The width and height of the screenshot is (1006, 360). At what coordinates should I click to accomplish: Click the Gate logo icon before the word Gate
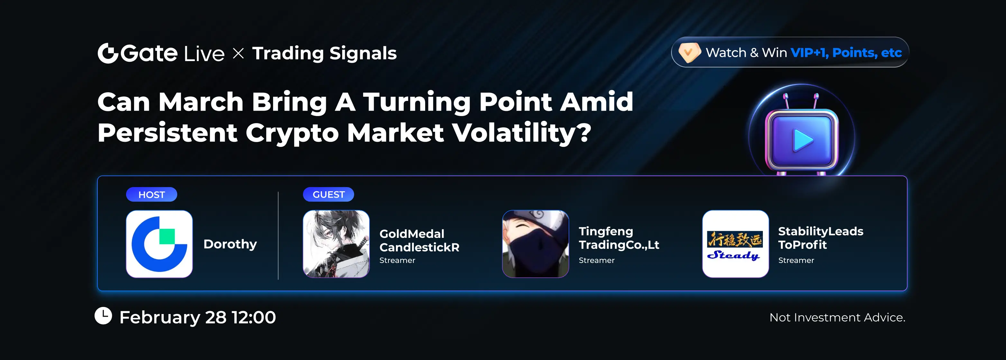coord(108,53)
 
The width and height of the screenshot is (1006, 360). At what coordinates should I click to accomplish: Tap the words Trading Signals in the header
coord(325,53)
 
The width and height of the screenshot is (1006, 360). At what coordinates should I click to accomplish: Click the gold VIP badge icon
coord(689,52)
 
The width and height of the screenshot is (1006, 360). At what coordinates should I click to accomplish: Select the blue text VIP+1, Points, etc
coord(846,52)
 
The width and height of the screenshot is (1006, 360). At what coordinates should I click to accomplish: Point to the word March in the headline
coord(201,102)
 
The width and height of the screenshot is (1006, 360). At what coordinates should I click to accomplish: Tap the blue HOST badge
coord(151,194)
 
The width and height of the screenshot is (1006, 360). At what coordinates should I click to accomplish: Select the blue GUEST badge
coord(328,194)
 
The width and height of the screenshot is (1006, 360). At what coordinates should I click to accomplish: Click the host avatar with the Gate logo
coord(159,244)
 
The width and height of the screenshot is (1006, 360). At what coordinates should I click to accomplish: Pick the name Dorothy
coord(230,244)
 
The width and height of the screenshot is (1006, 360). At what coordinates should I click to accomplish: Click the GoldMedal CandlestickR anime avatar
coord(336,244)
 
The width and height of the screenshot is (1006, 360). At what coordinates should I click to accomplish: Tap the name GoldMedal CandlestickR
coord(419,240)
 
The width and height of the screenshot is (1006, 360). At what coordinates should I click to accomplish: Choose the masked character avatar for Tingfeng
coord(535,244)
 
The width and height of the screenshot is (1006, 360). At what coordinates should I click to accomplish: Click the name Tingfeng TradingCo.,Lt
coord(619,238)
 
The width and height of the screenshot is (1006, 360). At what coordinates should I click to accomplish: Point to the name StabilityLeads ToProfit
coord(820,238)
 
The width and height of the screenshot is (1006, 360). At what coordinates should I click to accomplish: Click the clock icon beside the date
coord(104,316)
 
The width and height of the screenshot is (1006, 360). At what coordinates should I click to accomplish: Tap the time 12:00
coord(254,317)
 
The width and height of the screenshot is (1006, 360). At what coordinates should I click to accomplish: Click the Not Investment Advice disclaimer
coord(837,318)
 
